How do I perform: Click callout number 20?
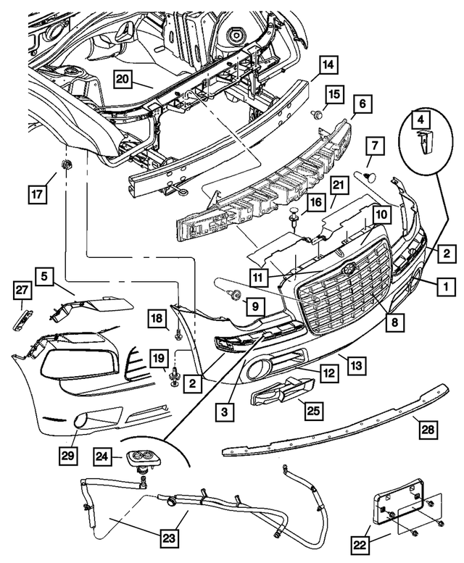[122, 80]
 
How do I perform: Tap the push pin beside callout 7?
[367, 174]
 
